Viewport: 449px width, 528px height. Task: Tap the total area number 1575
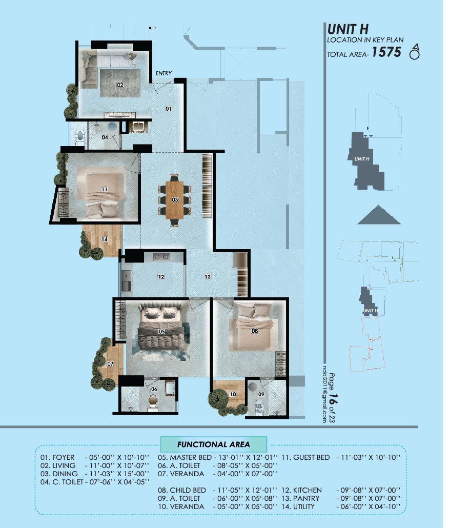coord(386,52)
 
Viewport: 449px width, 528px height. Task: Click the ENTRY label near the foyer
coord(164,73)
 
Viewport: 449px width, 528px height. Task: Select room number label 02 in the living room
coord(120,85)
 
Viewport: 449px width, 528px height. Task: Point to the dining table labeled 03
coord(175,200)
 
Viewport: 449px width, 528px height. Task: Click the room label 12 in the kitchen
coord(161,277)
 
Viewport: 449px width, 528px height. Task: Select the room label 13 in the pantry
coord(207,277)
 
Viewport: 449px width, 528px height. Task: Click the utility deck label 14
coord(104,239)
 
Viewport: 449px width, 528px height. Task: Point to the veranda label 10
coord(233,394)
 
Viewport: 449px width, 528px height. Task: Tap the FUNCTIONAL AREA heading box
coord(213,444)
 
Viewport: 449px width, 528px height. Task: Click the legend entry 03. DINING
coord(59,474)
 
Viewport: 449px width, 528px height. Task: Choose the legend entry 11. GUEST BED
coord(305,457)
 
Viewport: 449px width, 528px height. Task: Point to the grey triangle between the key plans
coord(379,215)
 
